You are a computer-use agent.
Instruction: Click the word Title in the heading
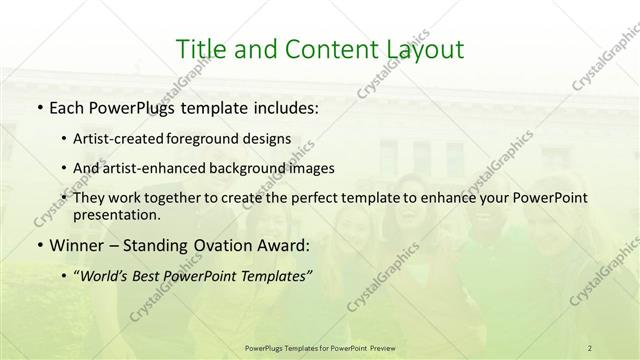coord(199,49)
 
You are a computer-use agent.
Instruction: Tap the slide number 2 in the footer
coord(590,347)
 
